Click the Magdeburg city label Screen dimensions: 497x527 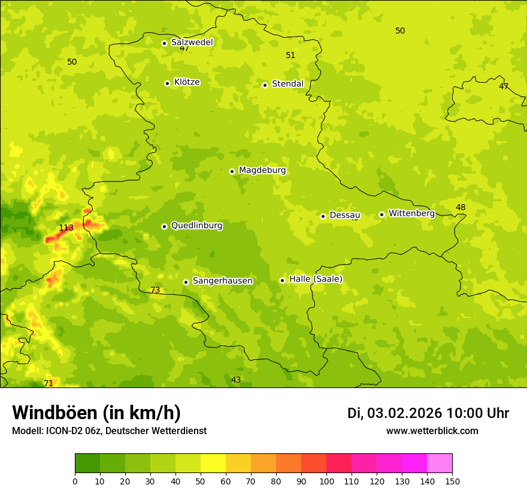click(262, 171)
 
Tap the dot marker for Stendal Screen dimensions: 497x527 click(265, 84)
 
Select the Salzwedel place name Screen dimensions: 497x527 click(192, 43)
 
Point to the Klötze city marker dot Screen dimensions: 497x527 click(167, 83)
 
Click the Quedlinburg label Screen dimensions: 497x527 click(196, 226)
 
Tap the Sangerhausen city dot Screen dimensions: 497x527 click(186, 282)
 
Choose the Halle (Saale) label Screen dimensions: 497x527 click(316, 279)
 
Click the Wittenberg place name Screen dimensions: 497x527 click(411, 213)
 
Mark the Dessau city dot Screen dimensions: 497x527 click(323, 216)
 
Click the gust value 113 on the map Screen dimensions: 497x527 click(66, 228)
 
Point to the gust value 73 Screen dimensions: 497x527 click(155, 290)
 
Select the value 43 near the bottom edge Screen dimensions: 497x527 click(236, 380)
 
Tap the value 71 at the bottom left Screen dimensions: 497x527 click(49, 383)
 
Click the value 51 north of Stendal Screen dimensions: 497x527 click(290, 55)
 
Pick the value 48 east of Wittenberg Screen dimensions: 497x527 click(461, 208)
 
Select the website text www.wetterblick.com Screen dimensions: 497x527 click(432, 431)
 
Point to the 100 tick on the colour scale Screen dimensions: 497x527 click(326, 481)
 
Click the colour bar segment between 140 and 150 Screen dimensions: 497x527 click(440, 463)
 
